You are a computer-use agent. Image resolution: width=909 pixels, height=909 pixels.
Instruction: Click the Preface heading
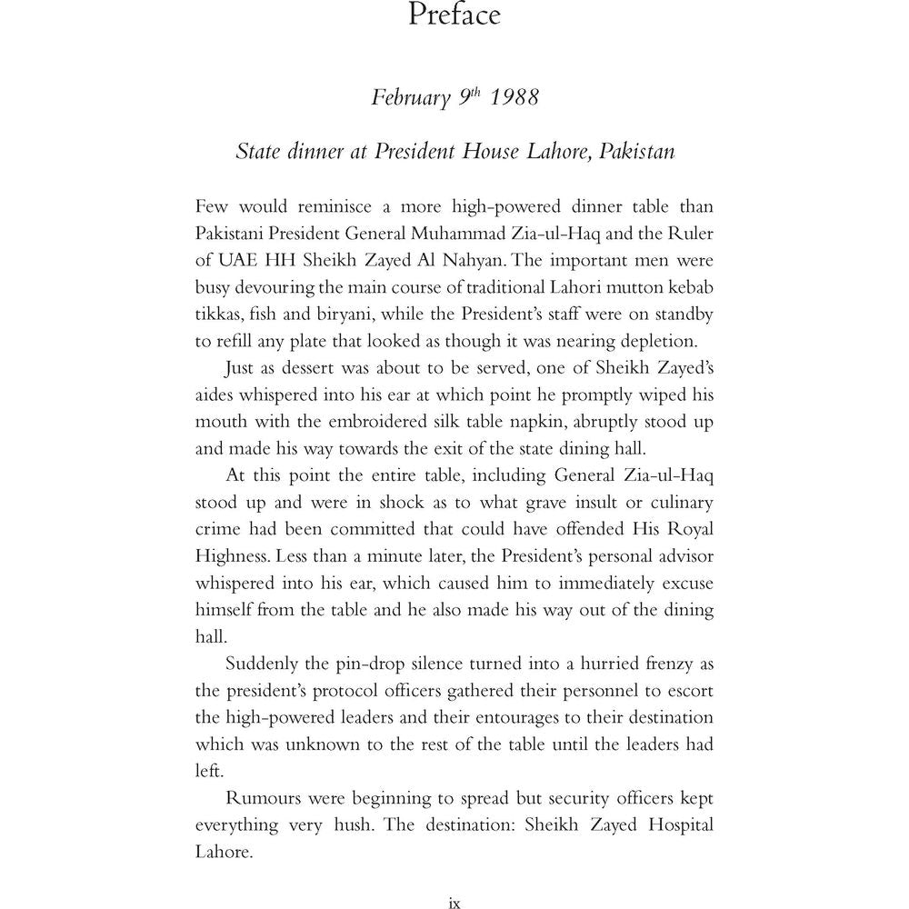tap(454, 16)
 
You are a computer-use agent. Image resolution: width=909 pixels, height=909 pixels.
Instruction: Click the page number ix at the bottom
tap(454, 903)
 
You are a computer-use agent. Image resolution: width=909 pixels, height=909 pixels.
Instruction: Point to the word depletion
tap(663, 343)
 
